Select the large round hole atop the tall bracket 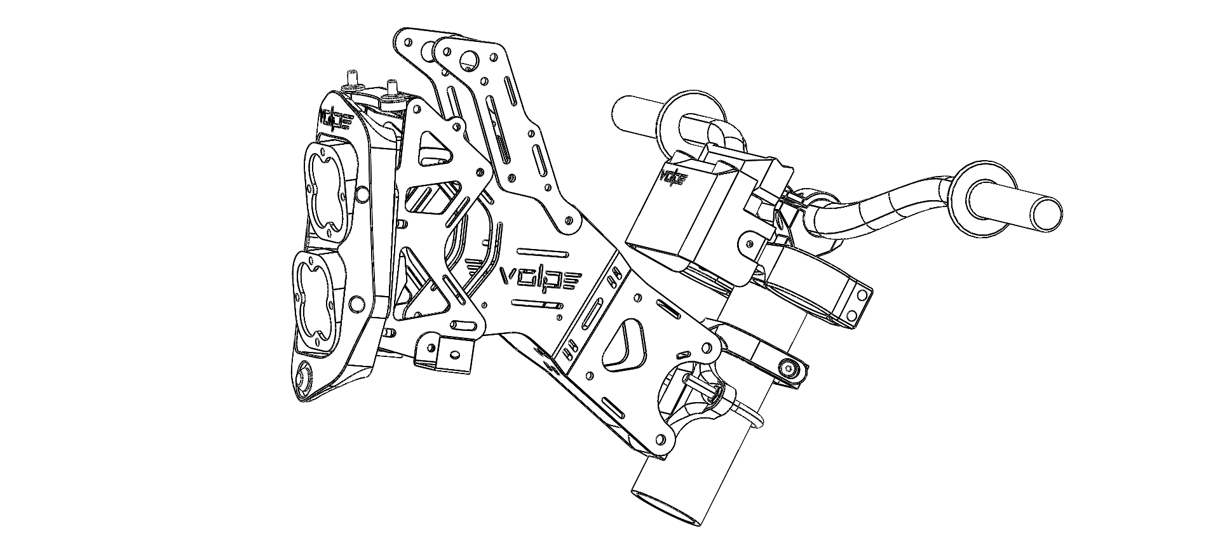pyautogui.click(x=469, y=60)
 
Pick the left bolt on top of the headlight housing pyautogui.click(x=351, y=79)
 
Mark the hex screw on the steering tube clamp pyautogui.click(x=790, y=369)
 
